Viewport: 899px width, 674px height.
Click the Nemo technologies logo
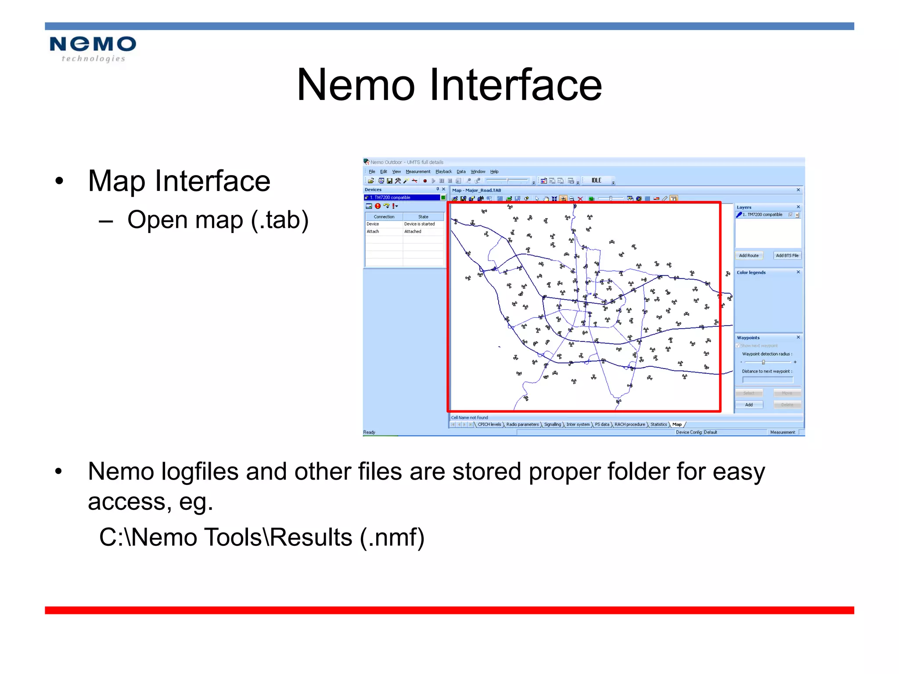[x=93, y=49]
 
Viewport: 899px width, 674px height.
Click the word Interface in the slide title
[x=515, y=85]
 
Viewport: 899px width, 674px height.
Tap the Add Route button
[x=748, y=255]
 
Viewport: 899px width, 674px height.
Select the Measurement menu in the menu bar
[x=417, y=172]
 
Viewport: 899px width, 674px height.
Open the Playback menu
[x=443, y=172]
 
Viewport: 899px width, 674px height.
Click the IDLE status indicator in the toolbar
[x=596, y=180]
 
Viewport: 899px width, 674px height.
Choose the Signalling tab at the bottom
[x=552, y=424]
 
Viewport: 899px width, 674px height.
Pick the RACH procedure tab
[x=629, y=424]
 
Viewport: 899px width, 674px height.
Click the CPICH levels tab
[x=489, y=424]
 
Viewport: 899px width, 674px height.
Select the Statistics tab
[x=658, y=424]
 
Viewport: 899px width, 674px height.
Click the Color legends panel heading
[x=751, y=272]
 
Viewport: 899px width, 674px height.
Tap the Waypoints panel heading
[x=748, y=337]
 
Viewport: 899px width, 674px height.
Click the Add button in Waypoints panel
[x=749, y=405]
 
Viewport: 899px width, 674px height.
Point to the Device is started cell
[x=419, y=224]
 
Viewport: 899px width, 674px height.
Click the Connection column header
[x=384, y=217]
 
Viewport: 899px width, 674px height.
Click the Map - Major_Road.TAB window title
[x=476, y=190]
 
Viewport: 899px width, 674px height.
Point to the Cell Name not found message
[x=469, y=417]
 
